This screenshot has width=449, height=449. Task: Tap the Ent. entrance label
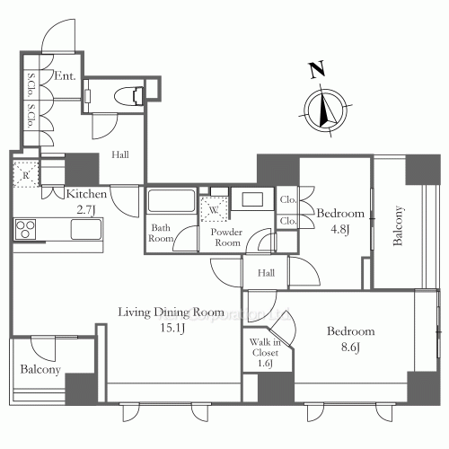pyautogui.click(x=64, y=76)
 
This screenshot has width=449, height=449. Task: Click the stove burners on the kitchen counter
pyautogui.click(x=25, y=228)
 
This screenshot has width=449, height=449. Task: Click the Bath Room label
pyautogui.click(x=163, y=233)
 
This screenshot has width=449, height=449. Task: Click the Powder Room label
pyautogui.click(x=225, y=238)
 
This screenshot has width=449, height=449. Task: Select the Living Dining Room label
pyautogui.click(x=171, y=312)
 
